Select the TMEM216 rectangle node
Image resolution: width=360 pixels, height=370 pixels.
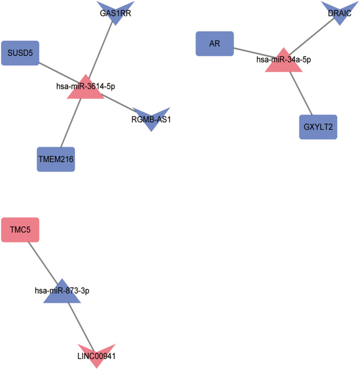[56, 159]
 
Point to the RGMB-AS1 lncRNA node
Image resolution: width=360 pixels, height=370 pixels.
[151, 118]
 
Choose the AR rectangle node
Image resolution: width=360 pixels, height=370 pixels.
[215, 43]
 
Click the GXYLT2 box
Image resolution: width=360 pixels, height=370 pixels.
[318, 127]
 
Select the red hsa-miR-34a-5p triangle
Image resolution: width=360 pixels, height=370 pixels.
[284, 61]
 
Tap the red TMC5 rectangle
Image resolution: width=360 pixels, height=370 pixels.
[20, 229]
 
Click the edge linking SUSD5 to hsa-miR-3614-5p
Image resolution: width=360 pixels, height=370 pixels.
[56, 70]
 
